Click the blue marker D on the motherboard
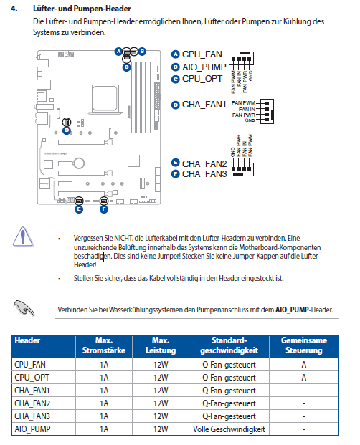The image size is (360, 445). tap(67, 130)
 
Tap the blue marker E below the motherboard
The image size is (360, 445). tap(79, 209)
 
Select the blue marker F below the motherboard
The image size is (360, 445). tap(104, 209)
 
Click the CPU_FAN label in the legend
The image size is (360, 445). tap(202, 54)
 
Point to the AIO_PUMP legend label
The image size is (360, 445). tap(204, 67)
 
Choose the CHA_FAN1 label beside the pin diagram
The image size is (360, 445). tap(204, 105)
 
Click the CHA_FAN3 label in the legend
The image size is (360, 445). tap(204, 173)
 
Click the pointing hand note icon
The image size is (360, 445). tap(24, 308)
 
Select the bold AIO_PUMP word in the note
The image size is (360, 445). tap(292, 310)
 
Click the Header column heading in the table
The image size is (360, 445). tap(27, 340)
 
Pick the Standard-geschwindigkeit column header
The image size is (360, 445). tap(229, 345)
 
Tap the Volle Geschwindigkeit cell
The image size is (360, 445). tap(229, 429)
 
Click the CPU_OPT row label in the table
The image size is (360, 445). tap(32, 378)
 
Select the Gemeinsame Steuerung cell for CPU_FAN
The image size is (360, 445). tap(304, 365)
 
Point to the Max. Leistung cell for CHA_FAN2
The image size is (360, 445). tap(161, 403)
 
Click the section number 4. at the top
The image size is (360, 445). tap(14, 9)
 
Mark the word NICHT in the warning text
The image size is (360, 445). tap(123, 238)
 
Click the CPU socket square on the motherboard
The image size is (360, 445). tap(105, 98)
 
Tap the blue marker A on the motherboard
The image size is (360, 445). tap(118, 52)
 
